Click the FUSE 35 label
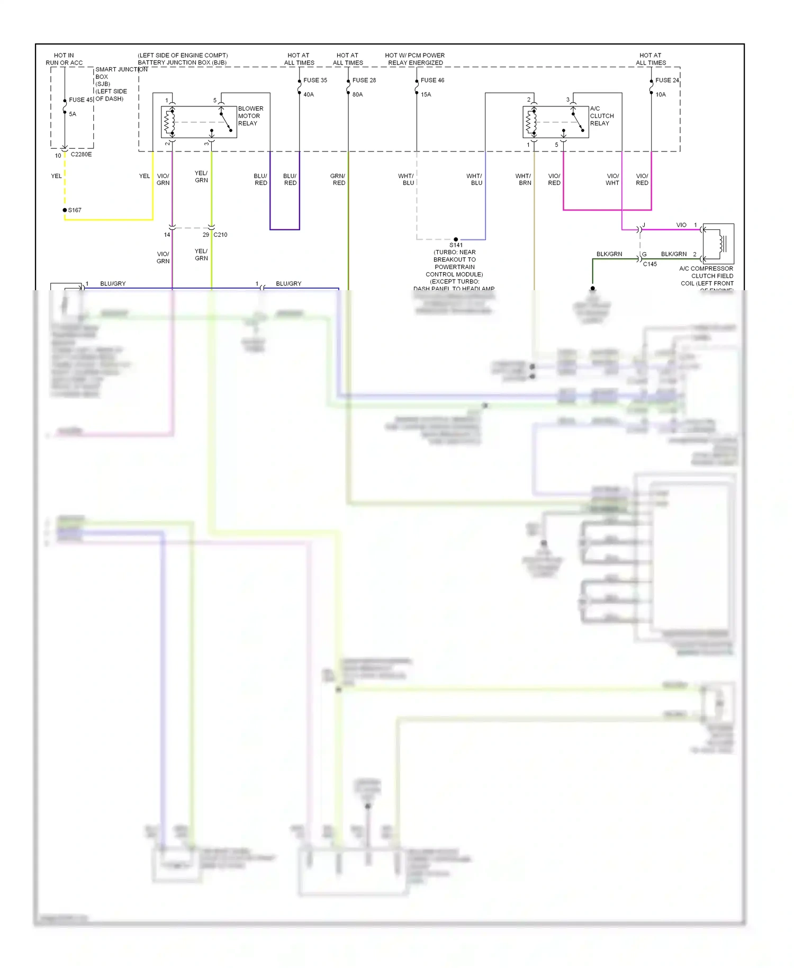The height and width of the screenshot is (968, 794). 315,80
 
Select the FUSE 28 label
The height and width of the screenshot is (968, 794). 364,80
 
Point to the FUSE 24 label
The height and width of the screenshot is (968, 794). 666,80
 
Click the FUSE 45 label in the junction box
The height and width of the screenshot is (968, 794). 80,100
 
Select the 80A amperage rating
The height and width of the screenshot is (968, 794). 357,95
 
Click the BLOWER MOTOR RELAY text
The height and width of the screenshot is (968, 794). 250,116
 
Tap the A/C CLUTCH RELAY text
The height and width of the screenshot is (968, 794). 601,116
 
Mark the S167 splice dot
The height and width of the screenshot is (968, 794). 65,210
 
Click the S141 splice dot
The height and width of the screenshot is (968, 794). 456,239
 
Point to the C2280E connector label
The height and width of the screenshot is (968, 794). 81,155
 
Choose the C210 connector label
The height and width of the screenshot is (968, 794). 220,235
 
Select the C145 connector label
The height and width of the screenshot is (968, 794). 649,264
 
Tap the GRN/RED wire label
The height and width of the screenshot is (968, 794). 338,180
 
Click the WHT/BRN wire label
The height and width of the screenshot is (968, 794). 524,180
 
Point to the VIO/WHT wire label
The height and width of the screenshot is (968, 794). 612,180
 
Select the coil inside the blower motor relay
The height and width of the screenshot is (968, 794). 169,122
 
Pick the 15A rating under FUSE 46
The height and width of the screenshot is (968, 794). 426,95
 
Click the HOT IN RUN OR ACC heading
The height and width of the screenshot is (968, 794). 64,59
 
